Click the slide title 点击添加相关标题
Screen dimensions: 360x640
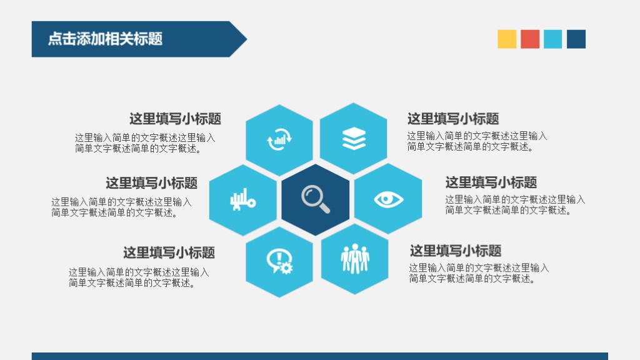pyautogui.click(x=105, y=39)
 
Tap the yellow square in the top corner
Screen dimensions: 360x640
pyautogui.click(x=507, y=39)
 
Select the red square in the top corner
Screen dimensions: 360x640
pyautogui.click(x=530, y=39)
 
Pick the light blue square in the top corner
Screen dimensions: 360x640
pyautogui.click(x=553, y=39)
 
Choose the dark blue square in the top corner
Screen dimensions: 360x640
pyautogui.click(x=576, y=39)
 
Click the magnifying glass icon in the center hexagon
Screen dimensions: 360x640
pyautogui.click(x=315, y=199)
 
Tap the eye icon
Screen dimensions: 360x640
pyautogui.click(x=389, y=199)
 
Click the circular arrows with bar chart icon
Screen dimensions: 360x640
pyautogui.click(x=279, y=139)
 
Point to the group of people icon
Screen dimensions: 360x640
pyautogui.click(x=355, y=259)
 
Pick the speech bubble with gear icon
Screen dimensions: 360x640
pyautogui.click(x=279, y=261)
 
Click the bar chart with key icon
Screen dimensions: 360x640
pyautogui.click(x=242, y=200)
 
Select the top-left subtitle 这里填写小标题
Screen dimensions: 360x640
pyautogui.click(x=175, y=119)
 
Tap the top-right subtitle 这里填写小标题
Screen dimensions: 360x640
pyautogui.click(x=453, y=119)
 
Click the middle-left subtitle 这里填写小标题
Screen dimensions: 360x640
pyautogui.click(x=151, y=183)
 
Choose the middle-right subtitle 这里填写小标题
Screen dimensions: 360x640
pyautogui.click(x=491, y=182)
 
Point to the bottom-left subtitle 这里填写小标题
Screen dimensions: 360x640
pyautogui.click(x=169, y=252)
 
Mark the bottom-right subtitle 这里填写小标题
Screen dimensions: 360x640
pyautogui.click(x=455, y=251)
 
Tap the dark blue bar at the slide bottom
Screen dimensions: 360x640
pyautogui.click(x=319, y=356)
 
